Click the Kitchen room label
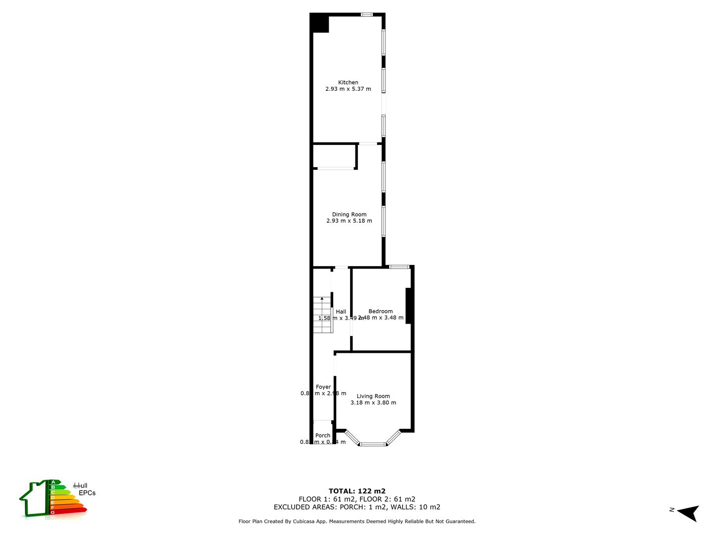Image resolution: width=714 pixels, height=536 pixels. [x=348, y=82]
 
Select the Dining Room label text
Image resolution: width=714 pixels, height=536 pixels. [x=349, y=214]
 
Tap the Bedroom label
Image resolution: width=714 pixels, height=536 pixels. [x=380, y=311]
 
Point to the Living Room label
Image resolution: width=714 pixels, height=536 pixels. [x=373, y=396]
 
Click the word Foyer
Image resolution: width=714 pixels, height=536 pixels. [x=323, y=387]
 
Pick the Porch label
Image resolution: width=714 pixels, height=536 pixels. [x=323, y=436]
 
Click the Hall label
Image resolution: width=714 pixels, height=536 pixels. [x=341, y=312]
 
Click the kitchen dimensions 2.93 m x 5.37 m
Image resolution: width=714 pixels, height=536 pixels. [x=348, y=89]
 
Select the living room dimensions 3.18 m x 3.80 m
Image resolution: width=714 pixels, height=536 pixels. [x=373, y=403]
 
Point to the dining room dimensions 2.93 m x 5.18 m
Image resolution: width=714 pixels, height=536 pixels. [x=349, y=221]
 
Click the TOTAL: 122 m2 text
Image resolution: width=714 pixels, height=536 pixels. [x=357, y=491]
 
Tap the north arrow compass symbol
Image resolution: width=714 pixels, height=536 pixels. [x=688, y=513]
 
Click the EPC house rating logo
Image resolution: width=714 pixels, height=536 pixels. [x=53, y=498]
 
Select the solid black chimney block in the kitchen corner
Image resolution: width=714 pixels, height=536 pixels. [x=320, y=23]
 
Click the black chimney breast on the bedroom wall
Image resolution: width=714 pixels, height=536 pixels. [x=409, y=306]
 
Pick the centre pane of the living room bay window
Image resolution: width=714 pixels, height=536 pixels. [x=372, y=444]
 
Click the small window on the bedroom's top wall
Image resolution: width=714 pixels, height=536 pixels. [x=399, y=267]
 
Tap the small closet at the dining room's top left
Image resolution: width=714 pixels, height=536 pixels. [x=335, y=156]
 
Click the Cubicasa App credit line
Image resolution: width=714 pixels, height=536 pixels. [x=357, y=522]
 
